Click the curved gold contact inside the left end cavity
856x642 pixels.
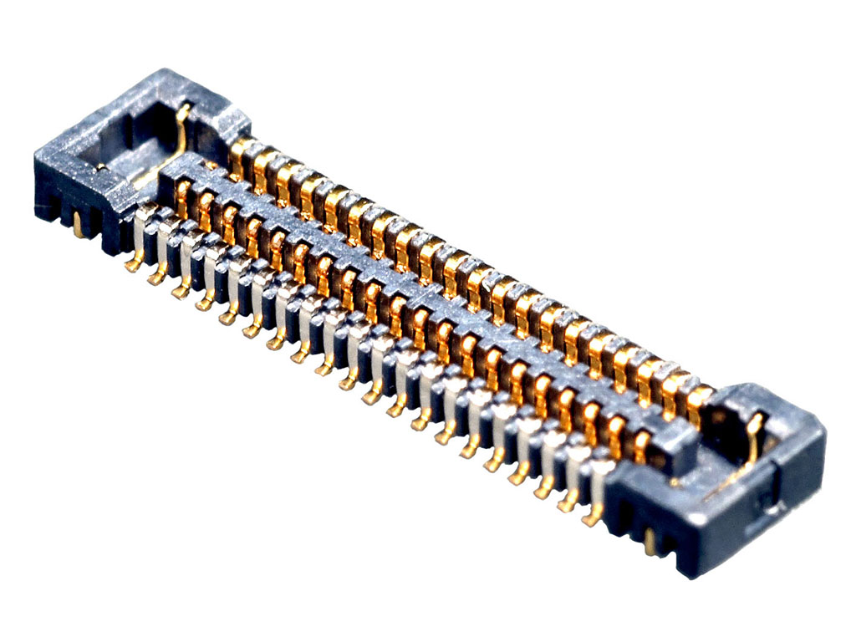183,125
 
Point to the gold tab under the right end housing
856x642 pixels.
650,543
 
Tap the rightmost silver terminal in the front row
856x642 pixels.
600,472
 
